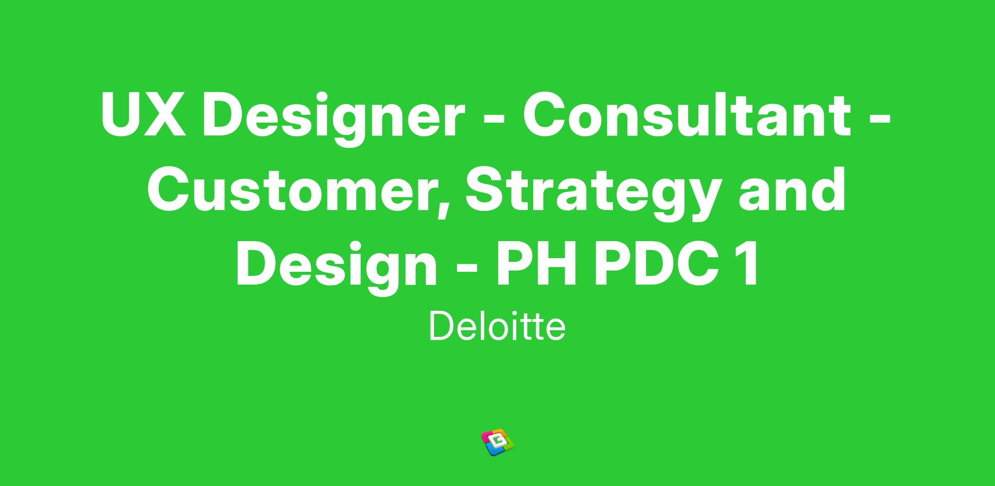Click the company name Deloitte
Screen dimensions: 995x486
[497, 326]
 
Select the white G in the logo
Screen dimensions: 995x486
[497, 442]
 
